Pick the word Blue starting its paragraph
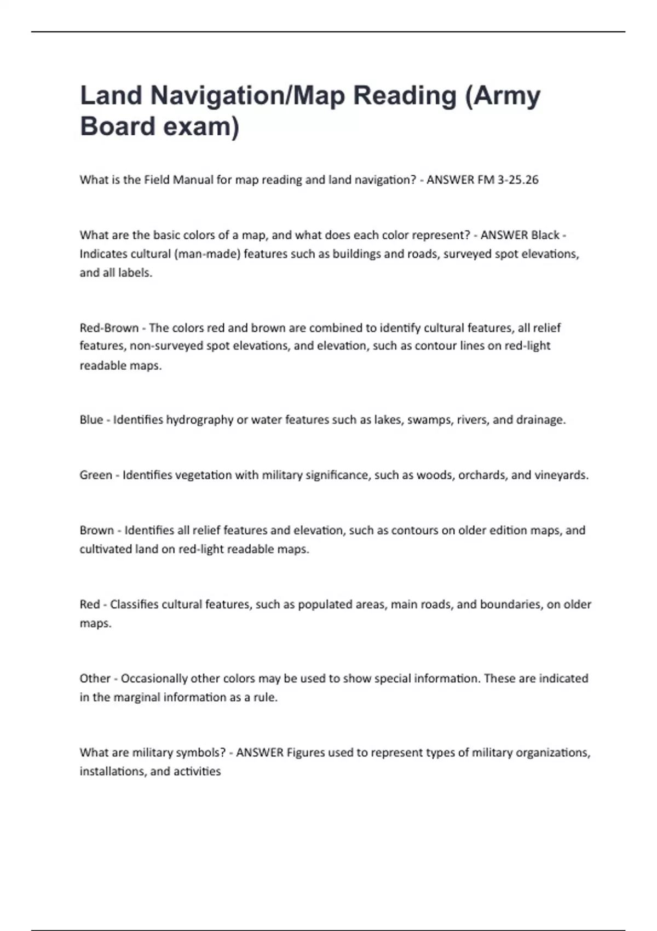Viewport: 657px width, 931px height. [x=91, y=420]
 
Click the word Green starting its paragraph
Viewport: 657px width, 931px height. [x=96, y=475]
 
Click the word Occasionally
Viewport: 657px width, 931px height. [x=154, y=679]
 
